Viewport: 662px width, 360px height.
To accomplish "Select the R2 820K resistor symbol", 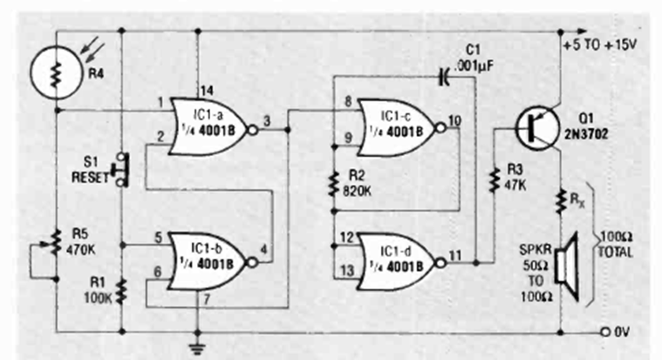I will [x=335, y=184].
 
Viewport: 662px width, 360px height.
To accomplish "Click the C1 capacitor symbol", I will [x=444, y=78].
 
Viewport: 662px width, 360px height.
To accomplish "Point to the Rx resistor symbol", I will [x=559, y=201].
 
